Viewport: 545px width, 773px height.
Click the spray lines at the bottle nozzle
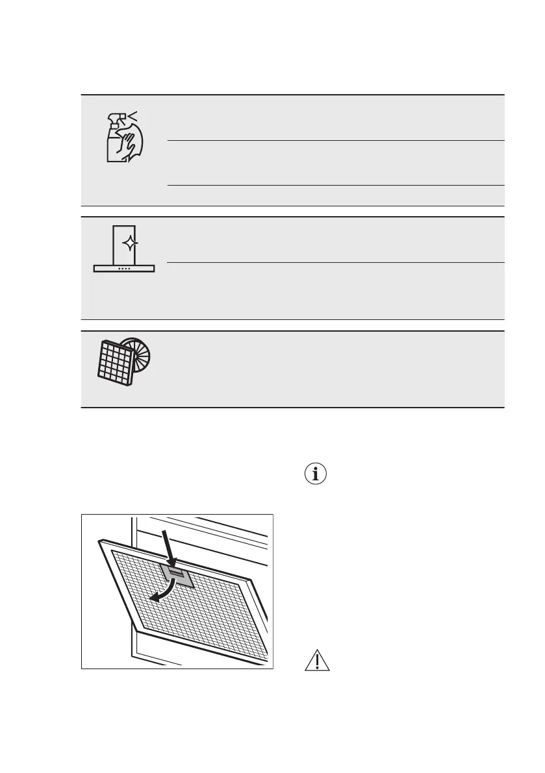pyautogui.click(x=133, y=116)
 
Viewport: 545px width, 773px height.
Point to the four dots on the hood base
pyautogui.click(x=124, y=268)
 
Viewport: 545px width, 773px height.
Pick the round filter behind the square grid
pyautogui.click(x=140, y=353)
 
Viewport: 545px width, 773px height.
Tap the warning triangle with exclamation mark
pyautogui.click(x=317, y=661)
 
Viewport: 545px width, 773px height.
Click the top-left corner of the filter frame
pyautogui.click(x=101, y=541)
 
